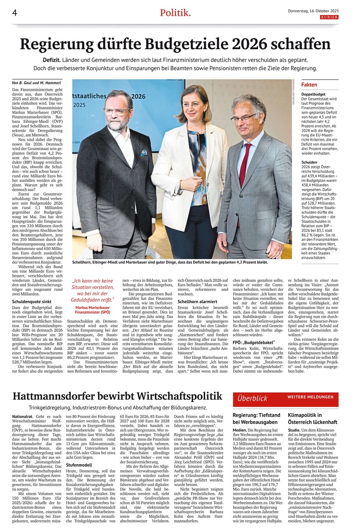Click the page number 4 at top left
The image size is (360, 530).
click(14, 13)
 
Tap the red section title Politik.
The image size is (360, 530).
click(175, 13)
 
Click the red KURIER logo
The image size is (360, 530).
click(329, 17)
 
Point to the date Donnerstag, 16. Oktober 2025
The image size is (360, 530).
click(313, 11)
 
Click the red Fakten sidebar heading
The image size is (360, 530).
click(309, 85)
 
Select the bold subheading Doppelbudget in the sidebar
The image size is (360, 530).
click(313, 94)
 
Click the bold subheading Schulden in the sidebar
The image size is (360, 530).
click(309, 163)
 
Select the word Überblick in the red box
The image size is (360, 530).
click(252, 398)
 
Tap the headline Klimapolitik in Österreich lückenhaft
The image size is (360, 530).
click(312, 419)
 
